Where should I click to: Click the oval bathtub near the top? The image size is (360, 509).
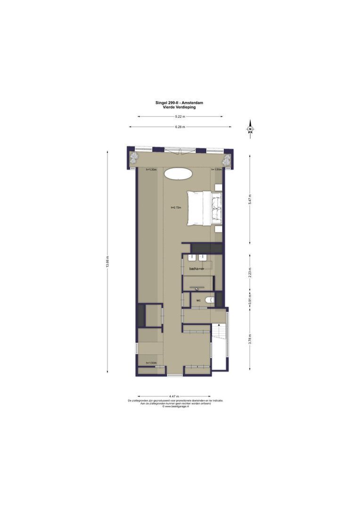point(178,173)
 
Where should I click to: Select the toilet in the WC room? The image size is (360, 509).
point(211,299)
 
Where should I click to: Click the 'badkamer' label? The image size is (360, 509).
point(196,269)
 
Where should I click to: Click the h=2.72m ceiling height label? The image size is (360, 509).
point(176,208)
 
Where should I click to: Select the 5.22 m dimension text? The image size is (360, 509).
point(180,116)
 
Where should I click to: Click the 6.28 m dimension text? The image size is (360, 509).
point(180,127)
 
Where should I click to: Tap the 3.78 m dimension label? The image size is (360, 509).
point(250,339)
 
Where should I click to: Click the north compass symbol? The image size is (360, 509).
point(251,129)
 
